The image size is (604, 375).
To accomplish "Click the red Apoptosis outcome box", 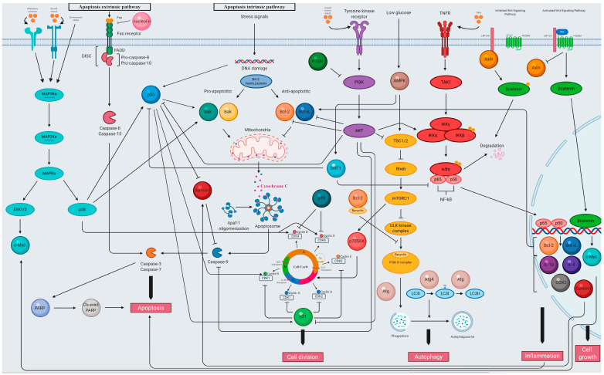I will (153, 306).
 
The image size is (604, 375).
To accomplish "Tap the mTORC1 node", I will (399, 198).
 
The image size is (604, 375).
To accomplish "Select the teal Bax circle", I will (206, 113).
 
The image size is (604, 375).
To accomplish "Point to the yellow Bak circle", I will (229, 113).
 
